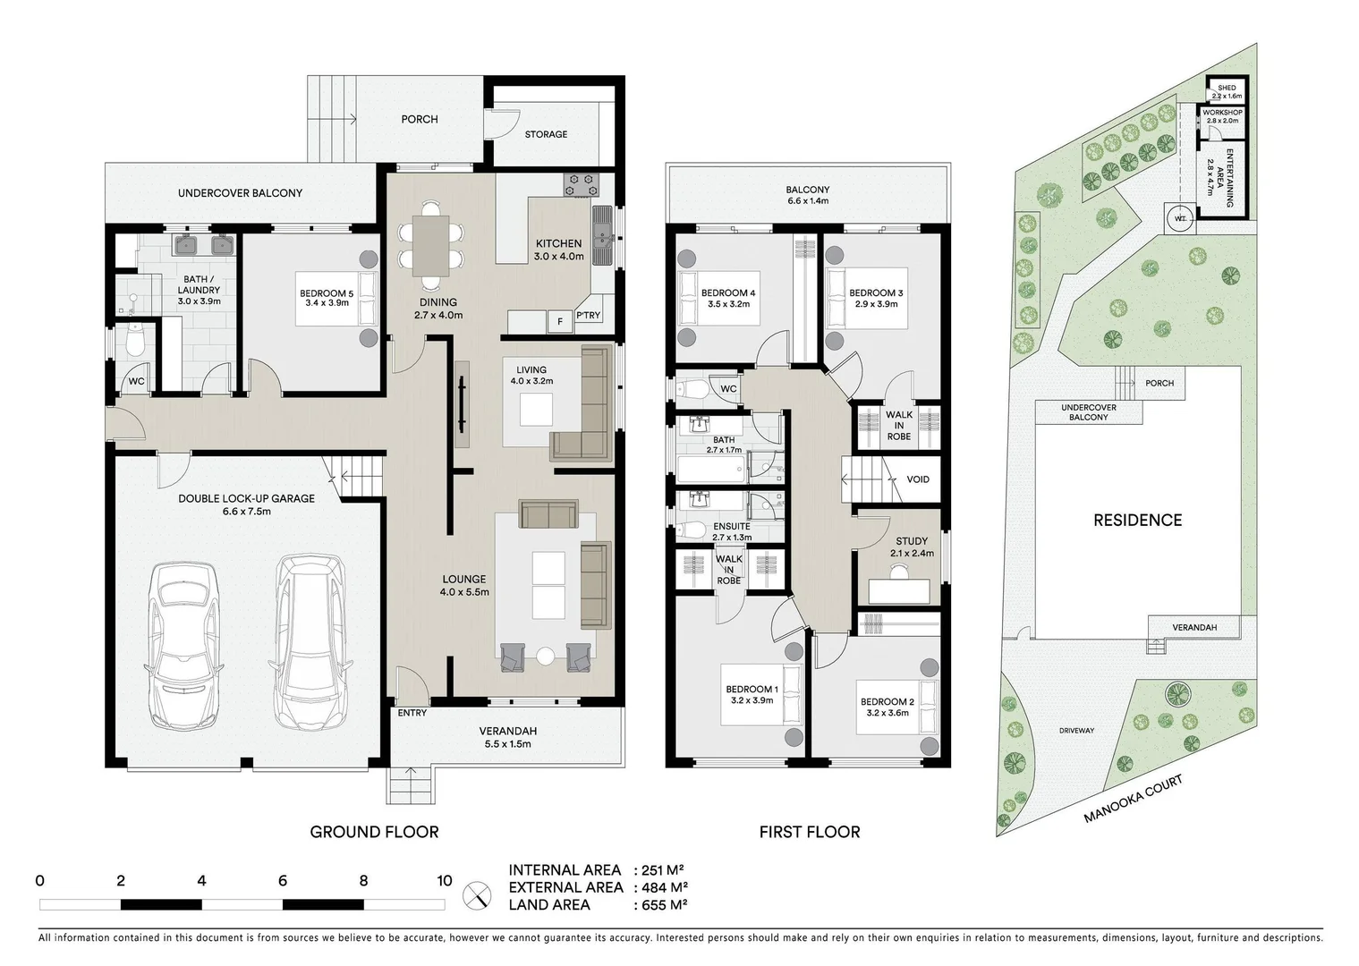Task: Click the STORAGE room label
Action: pyautogui.click(x=546, y=134)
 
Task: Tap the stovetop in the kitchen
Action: pyautogui.click(x=580, y=185)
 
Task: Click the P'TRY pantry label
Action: pyautogui.click(x=588, y=316)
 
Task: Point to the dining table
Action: pyautogui.click(x=431, y=246)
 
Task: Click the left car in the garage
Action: pyautogui.click(x=185, y=644)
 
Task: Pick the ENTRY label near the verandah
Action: pyautogui.click(x=412, y=713)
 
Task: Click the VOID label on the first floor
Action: pyautogui.click(x=918, y=479)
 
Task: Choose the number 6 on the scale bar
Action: pyautogui.click(x=283, y=881)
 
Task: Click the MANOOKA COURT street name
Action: pyautogui.click(x=1133, y=799)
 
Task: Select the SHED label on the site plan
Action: pyautogui.click(x=1227, y=88)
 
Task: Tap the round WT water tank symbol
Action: pyautogui.click(x=1180, y=218)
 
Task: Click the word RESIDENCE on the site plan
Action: pyautogui.click(x=1137, y=521)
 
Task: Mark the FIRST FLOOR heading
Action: pyautogui.click(x=809, y=832)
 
